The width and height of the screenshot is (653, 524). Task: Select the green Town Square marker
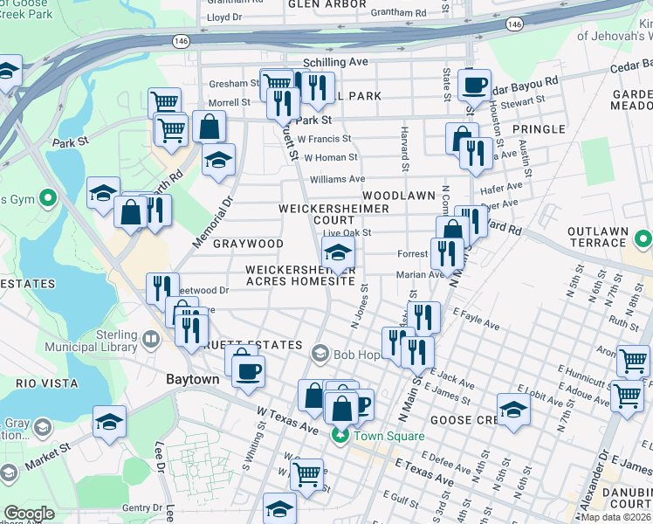pyautogui.click(x=338, y=436)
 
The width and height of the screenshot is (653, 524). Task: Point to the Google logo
pyautogui.click(x=29, y=514)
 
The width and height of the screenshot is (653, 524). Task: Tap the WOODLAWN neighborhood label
pyautogui.click(x=400, y=196)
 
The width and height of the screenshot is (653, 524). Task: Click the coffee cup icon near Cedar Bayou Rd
pyautogui.click(x=474, y=86)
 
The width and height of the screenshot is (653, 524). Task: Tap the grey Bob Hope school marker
pyautogui.click(x=320, y=354)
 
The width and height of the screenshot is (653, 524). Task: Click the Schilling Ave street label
pyautogui.click(x=335, y=63)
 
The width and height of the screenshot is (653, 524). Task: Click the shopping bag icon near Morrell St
pyautogui.click(x=210, y=128)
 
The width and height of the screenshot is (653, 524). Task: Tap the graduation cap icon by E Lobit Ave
pyautogui.click(x=513, y=410)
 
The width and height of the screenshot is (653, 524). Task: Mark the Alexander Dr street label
pyautogui.click(x=601, y=480)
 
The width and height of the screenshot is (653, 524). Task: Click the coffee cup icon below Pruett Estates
pyautogui.click(x=248, y=369)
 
